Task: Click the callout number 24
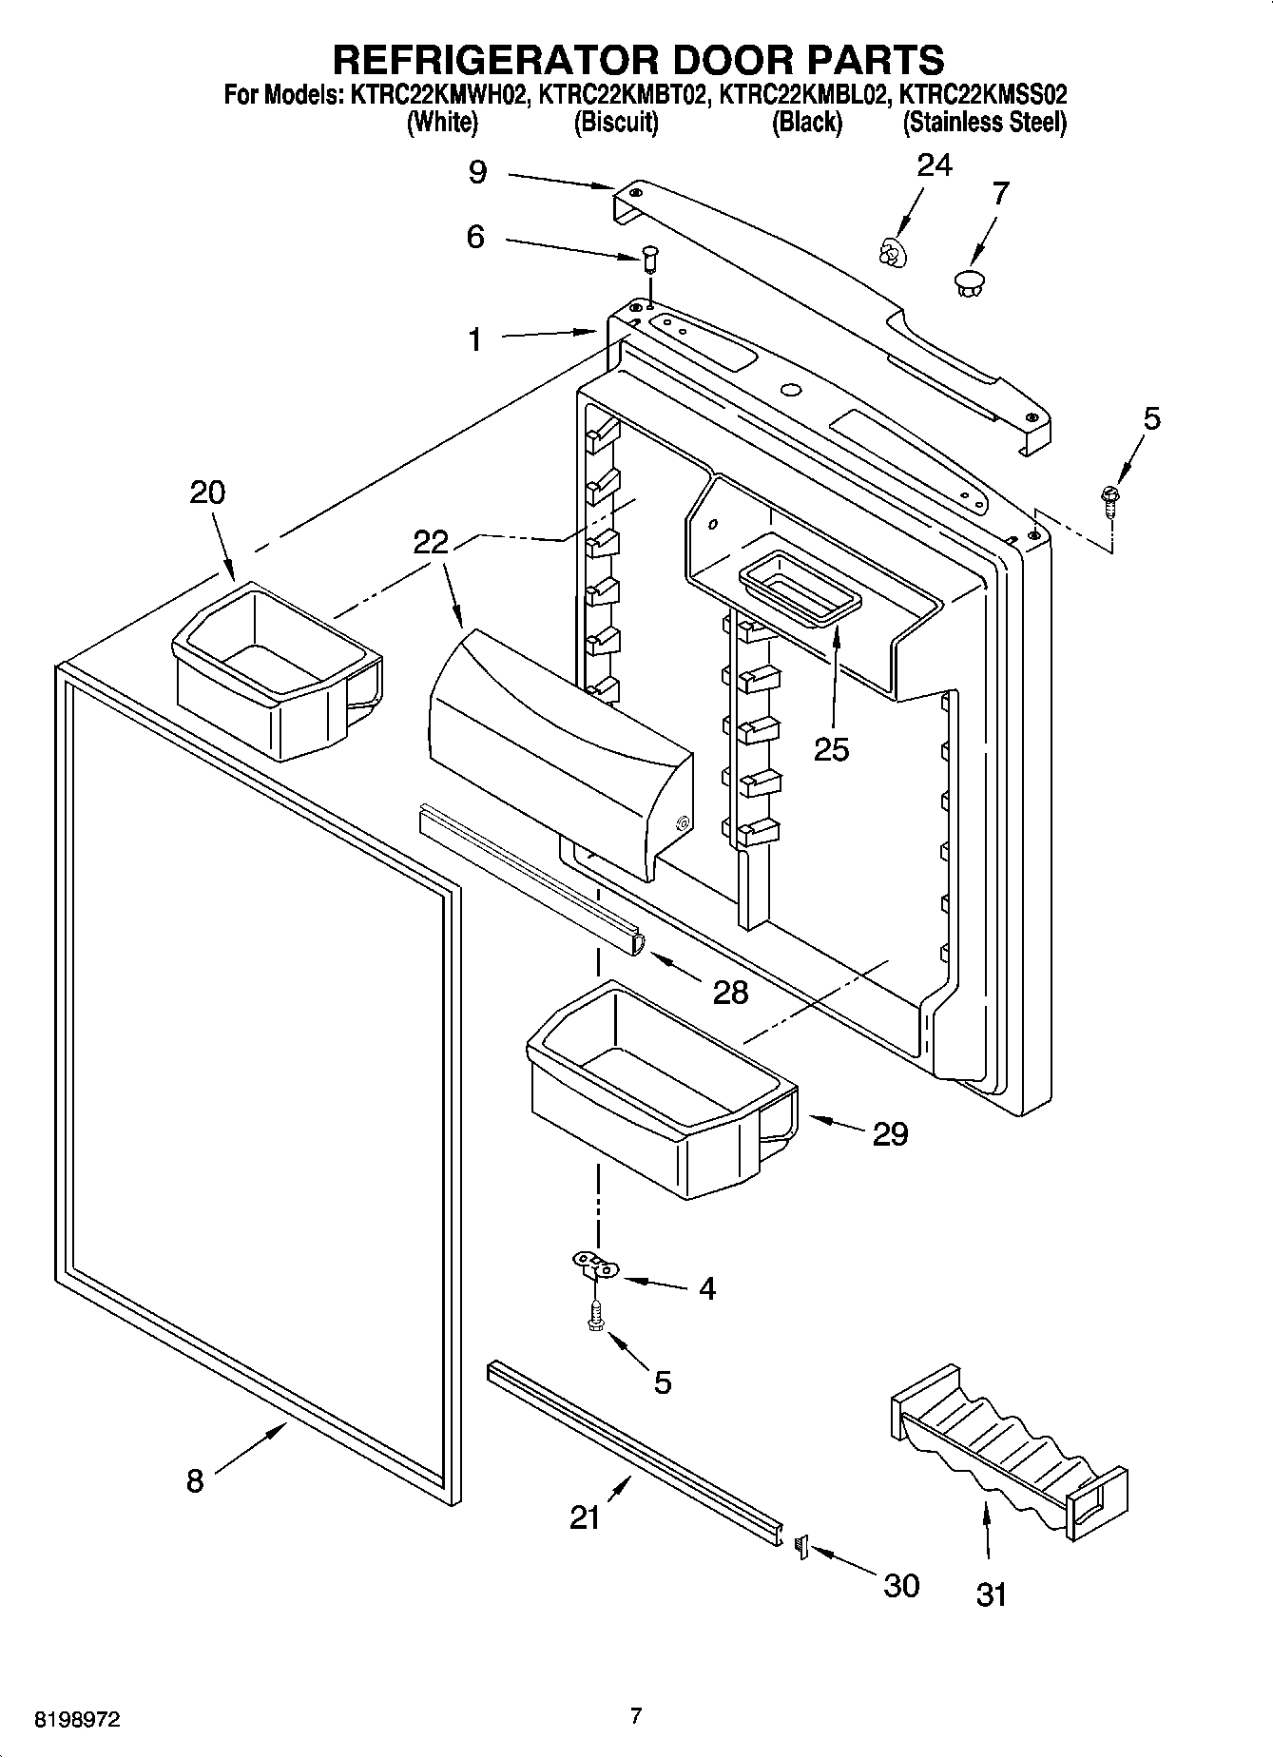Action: (934, 165)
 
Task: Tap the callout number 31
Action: (991, 1594)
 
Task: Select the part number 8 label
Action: (194, 1480)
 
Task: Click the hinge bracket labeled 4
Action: (595, 1265)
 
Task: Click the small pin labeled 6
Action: (650, 257)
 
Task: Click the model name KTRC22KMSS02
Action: (983, 95)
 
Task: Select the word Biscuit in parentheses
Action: (616, 123)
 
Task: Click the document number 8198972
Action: (78, 1720)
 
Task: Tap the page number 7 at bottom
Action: (636, 1716)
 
